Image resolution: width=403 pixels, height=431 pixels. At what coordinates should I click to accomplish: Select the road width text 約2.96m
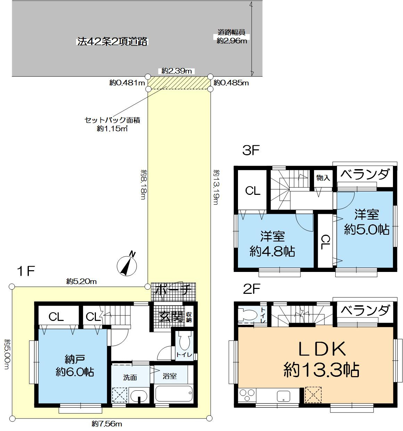pyautogui.click(x=232, y=41)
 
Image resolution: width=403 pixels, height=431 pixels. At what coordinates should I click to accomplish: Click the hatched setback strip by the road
pyautogui.click(x=179, y=82)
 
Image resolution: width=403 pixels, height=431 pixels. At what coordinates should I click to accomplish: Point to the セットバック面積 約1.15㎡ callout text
pyautogui.click(x=112, y=124)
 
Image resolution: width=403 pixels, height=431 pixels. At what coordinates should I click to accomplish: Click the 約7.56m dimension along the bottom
pyautogui.click(x=107, y=424)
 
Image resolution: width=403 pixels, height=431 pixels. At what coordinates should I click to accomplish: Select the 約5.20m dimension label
pyautogui.click(x=81, y=281)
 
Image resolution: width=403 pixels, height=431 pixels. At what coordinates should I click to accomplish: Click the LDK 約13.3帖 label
pyautogui.click(x=321, y=359)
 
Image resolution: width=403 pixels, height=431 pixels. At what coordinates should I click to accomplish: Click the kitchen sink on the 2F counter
pyautogui.click(x=283, y=396)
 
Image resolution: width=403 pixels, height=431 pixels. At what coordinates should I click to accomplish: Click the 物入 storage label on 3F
pyautogui.click(x=323, y=178)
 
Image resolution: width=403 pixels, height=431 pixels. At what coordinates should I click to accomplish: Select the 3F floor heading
pyautogui.click(x=251, y=151)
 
